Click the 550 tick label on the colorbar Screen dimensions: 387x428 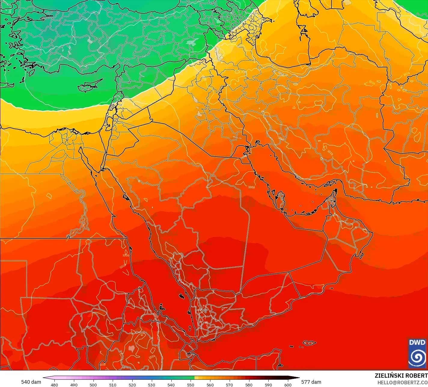tap(191, 385)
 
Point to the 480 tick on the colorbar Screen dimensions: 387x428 tap(54, 385)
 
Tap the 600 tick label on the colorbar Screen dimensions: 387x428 tap(288, 385)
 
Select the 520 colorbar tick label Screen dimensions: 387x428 tap(132, 385)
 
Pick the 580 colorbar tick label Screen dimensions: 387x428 tap(249, 385)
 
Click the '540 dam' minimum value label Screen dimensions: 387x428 tap(31, 382)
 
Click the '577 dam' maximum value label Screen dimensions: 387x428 tap(311, 382)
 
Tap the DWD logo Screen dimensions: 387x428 tap(417, 353)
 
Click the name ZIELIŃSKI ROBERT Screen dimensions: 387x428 tap(401, 376)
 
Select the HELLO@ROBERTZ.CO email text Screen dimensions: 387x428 tap(402, 382)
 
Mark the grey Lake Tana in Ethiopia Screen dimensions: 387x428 tap(131, 349)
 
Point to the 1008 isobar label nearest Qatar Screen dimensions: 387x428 tap(251, 187)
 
